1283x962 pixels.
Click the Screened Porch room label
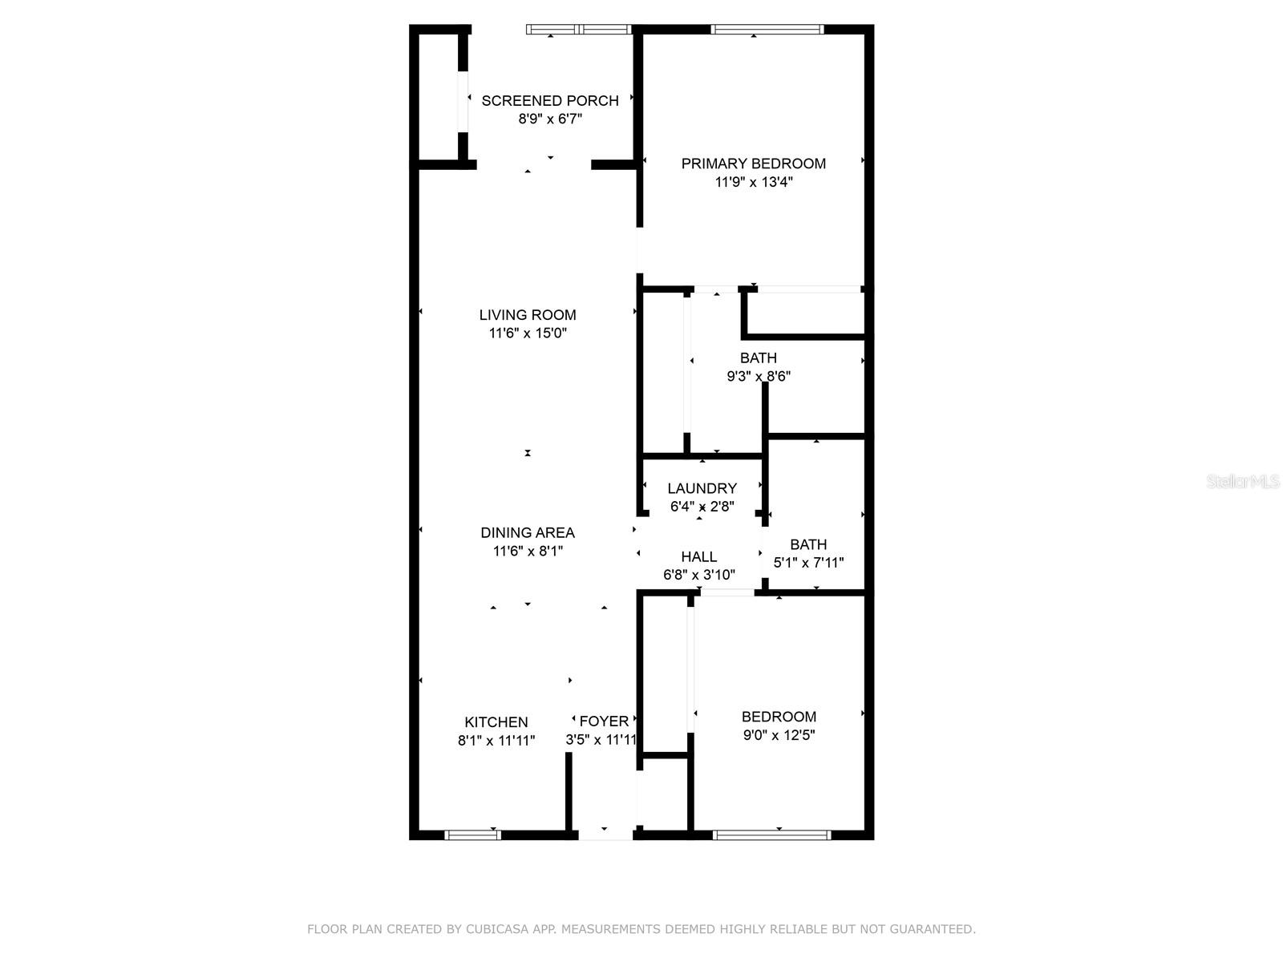pos(550,101)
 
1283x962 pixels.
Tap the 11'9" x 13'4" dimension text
pos(754,182)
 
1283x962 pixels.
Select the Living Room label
pos(528,315)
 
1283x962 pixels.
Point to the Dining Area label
pos(528,532)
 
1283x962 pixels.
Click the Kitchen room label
pos(496,721)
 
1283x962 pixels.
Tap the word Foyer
pos(604,721)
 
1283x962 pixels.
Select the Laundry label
pos(702,488)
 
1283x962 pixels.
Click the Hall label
pos(699,556)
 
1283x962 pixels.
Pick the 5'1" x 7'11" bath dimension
pos(808,563)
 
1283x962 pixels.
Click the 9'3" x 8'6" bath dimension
pos(759,376)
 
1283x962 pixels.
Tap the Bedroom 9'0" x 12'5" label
pos(779,717)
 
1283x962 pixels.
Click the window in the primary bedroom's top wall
pos(767,30)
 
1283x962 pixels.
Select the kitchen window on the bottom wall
pos(473,835)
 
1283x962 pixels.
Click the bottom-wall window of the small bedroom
pos(771,835)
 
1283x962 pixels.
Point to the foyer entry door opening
pos(605,835)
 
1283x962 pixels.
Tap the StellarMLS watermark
pos(1242,482)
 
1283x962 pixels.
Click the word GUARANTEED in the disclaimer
pos(933,929)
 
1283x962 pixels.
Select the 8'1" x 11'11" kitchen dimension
pos(496,741)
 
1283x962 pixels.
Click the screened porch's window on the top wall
pos(579,30)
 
